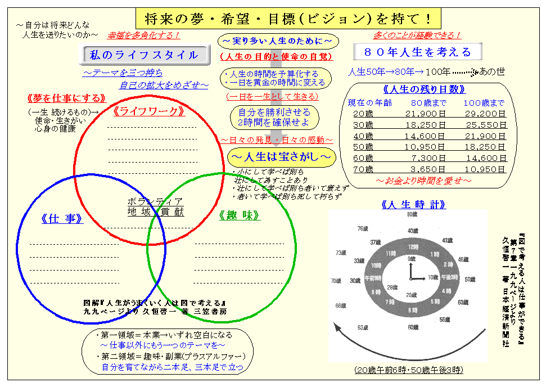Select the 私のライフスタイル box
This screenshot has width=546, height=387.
(144, 55)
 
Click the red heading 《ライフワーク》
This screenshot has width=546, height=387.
(150, 111)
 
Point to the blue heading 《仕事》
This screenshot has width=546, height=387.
(62, 219)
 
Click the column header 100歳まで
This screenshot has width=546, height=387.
(484, 103)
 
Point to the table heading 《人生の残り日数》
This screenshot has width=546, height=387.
(424, 89)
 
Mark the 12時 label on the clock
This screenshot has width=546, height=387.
(412, 247)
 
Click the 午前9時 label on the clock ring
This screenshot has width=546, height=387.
(373, 278)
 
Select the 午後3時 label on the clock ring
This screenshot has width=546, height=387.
(452, 278)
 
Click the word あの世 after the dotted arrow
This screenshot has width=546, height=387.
(492, 71)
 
